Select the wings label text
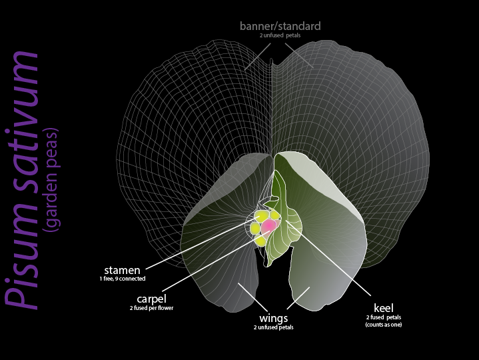(274, 319)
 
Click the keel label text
(383, 308)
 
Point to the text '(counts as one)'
(383, 325)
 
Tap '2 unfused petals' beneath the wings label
(274, 328)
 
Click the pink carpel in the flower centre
(268, 226)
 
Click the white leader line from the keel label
(333, 263)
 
